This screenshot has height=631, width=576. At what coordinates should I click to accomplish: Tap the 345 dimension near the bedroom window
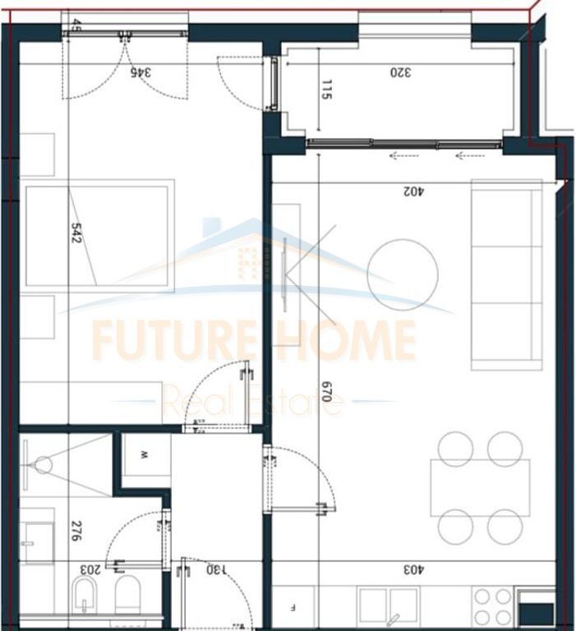pyautogui.click(x=142, y=71)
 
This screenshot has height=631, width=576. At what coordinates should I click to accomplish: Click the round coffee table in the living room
pyautogui.click(x=402, y=274)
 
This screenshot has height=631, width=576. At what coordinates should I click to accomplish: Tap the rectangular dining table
pyautogui.click(x=480, y=487)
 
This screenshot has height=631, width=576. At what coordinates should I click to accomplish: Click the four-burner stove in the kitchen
pyautogui.click(x=493, y=606)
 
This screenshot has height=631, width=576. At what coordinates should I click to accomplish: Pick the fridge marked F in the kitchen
pyautogui.click(x=293, y=608)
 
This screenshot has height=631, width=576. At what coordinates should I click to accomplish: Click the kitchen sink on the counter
pyautogui.click(x=391, y=608)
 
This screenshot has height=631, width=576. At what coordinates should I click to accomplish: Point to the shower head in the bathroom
pyautogui.click(x=42, y=465)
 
